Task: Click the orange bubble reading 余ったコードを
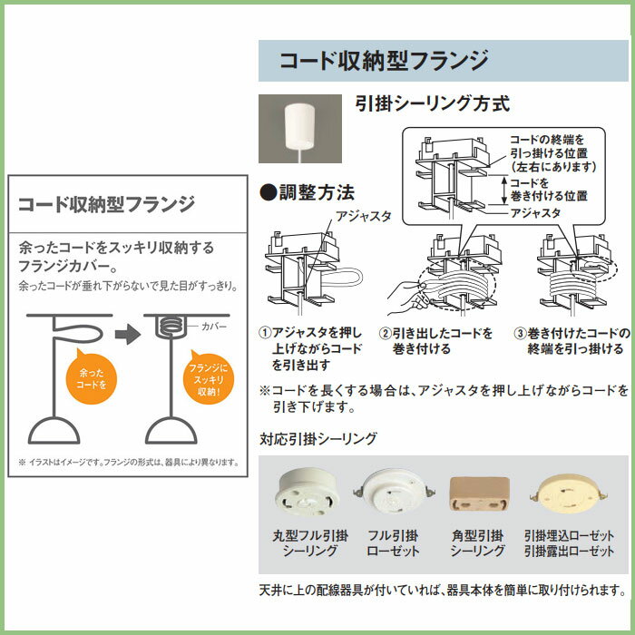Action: pos(91,377)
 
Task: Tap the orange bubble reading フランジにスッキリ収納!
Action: pos(209,378)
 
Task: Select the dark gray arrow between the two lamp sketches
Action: pos(128,334)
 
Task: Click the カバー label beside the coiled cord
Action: pos(214,327)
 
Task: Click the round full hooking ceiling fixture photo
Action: pos(307,492)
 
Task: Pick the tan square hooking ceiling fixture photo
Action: pos(480,493)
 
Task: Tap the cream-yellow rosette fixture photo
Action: pos(569,493)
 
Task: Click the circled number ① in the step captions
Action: pos(265,333)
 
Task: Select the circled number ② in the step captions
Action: pos(386,334)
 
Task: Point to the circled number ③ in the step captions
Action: pos(520,334)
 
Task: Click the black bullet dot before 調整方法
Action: pos(269,192)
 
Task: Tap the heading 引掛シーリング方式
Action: pos(432,103)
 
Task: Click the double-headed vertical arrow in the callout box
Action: pos(503,190)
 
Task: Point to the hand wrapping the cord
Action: pos(407,296)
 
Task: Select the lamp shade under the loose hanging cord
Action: pos(54,431)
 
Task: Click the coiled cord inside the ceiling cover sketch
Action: pos(171,327)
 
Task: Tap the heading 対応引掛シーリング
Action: pos(318,438)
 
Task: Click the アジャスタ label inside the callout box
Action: pos(535,213)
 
